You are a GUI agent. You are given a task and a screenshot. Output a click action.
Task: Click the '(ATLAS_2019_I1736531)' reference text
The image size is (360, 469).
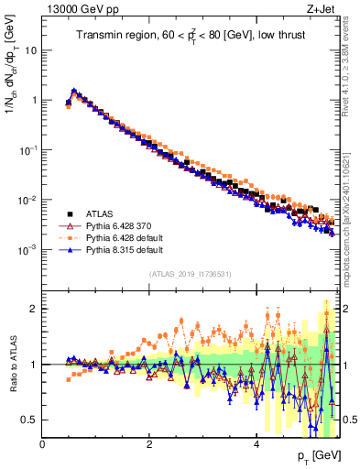click(191, 274)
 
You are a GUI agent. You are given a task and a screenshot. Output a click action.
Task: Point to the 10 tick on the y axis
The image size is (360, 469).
click(30, 50)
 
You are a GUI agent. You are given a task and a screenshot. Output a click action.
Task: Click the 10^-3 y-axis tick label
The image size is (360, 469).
click(27, 249)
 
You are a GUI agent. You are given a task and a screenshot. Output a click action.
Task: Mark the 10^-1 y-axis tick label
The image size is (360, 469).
click(27, 149)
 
